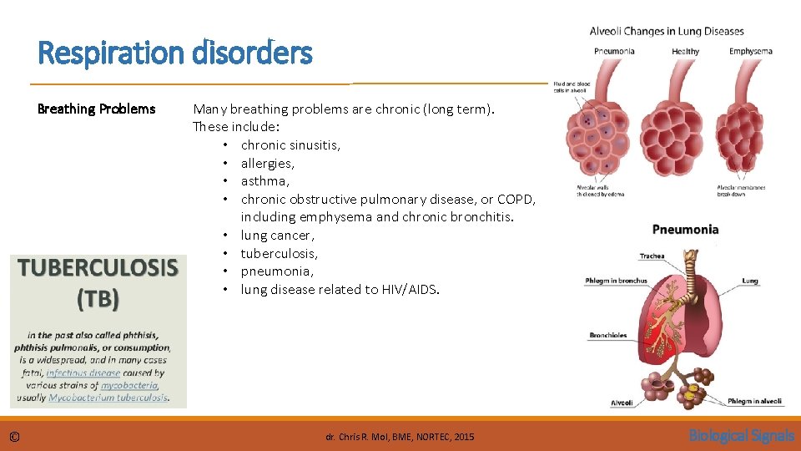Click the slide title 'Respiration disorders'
175,53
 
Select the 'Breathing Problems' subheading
97,109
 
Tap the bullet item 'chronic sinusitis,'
290,144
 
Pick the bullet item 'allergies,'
267,163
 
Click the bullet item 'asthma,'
264,180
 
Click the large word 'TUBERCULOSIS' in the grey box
98,267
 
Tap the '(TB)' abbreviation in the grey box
98,298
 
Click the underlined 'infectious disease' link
83,372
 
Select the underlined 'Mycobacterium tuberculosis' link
108,398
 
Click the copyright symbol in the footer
15,436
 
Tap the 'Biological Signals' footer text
741,436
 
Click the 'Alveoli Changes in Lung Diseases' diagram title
667,32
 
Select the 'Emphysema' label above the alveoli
750,51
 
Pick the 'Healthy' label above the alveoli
685,51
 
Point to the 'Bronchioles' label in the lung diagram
608,335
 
